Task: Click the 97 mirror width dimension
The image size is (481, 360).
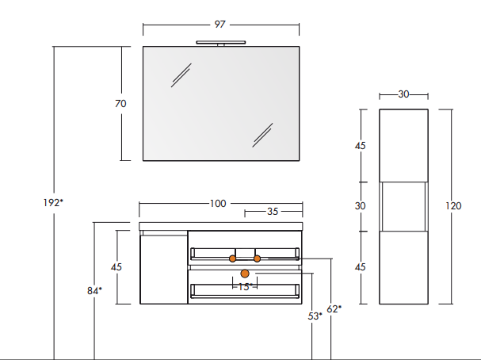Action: (x=220, y=25)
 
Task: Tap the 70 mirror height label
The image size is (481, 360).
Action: (x=120, y=104)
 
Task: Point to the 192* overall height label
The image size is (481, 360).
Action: (x=53, y=203)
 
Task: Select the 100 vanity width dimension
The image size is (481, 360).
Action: (x=218, y=204)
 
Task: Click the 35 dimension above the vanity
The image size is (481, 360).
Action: (x=273, y=212)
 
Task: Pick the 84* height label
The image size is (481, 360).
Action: (x=94, y=290)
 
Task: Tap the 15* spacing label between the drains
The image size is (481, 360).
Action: (x=245, y=286)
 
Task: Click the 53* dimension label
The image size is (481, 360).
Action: (x=315, y=316)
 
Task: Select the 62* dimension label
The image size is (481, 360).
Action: (x=334, y=308)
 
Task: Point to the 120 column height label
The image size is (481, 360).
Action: (x=453, y=206)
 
